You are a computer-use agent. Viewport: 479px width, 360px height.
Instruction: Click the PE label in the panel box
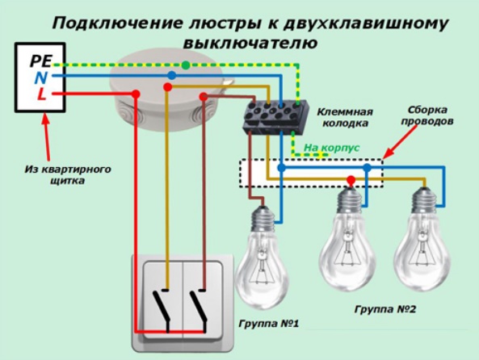click(41, 61)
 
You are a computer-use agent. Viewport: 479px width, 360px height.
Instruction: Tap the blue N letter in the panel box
click(40, 77)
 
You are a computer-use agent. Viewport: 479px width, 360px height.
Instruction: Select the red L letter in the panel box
click(42, 94)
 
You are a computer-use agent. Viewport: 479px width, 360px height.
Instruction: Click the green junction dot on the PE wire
click(186, 65)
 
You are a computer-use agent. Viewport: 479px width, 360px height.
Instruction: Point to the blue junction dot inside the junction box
click(172, 75)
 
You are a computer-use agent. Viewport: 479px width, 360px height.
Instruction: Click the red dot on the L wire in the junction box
click(136, 94)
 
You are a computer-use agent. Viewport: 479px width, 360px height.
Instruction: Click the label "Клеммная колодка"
click(345, 118)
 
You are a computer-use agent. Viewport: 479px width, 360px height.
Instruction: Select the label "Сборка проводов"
click(427, 115)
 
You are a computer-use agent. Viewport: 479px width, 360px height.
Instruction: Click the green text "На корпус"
click(332, 148)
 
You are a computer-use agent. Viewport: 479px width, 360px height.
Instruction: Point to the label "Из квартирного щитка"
click(68, 174)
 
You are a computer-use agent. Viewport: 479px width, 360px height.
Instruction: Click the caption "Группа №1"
click(268, 324)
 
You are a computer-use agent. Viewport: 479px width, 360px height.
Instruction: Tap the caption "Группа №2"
click(385, 309)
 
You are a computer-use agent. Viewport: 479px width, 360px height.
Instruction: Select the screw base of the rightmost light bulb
click(423, 200)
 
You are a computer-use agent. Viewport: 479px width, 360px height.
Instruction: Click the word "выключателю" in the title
click(250, 43)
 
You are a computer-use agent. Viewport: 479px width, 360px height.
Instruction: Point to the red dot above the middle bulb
click(351, 179)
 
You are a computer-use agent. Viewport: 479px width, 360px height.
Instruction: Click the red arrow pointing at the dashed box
click(400, 141)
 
